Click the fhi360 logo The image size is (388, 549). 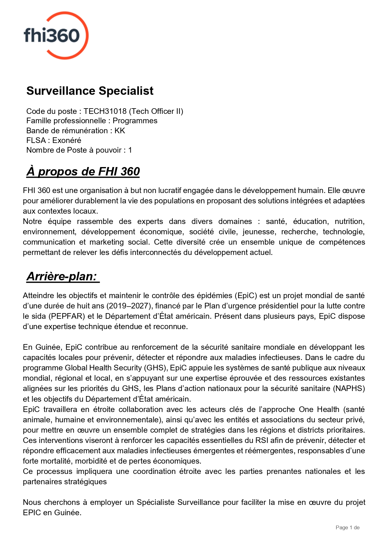point(56,35)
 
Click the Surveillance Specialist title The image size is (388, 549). point(90,91)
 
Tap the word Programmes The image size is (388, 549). point(135,121)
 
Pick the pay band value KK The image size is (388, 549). point(120,131)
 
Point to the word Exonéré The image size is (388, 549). point(67,140)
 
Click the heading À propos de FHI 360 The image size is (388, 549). point(83,172)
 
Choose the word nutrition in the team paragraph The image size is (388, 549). point(349,221)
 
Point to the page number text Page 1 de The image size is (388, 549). point(347,528)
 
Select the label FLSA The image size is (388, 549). point(36,140)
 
